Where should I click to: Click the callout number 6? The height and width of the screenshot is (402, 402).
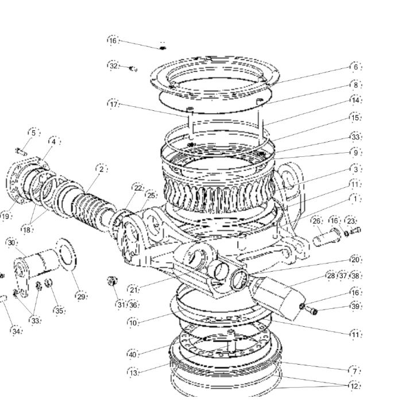click(355, 67)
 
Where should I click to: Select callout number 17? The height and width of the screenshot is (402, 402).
click(113, 104)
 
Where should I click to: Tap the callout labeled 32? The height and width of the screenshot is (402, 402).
click(113, 65)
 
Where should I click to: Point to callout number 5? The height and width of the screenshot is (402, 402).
click(33, 133)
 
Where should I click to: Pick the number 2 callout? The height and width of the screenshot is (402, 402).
click(102, 169)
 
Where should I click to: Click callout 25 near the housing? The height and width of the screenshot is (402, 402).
click(151, 195)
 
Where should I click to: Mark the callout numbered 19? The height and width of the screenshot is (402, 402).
click(5, 216)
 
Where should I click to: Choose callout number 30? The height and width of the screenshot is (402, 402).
click(11, 242)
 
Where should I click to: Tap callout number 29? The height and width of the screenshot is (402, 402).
click(81, 297)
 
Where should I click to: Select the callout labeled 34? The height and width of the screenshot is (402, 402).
click(16, 331)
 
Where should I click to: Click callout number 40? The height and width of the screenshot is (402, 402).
click(133, 355)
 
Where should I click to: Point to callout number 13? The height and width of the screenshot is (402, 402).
click(133, 373)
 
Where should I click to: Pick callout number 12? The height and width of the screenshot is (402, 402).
click(354, 386)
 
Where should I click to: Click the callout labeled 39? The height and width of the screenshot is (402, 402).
click(355, 306)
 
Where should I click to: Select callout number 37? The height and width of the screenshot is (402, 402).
click(343, 276)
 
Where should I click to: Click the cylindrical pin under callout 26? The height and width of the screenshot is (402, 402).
click(327, 238)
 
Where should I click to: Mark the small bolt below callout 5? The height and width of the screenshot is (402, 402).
click(21, 152)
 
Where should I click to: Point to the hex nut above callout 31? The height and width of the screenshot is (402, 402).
click(113, 281)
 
